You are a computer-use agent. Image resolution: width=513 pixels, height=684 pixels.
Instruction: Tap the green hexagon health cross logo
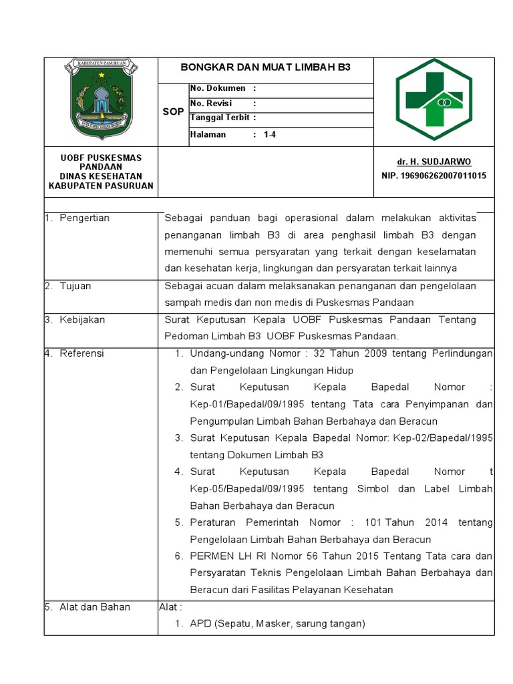tap(434, 100)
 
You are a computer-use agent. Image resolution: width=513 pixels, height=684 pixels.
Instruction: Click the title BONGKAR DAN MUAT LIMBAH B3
tap(266, 67)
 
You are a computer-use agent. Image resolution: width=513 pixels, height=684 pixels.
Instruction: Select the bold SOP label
tap(173, 112)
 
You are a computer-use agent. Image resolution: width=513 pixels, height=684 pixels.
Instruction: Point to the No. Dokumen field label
tap(218, 88)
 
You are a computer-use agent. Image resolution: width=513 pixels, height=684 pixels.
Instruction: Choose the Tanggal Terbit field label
tap(220, 118)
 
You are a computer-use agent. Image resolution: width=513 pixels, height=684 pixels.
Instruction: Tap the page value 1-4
tap(270, 134)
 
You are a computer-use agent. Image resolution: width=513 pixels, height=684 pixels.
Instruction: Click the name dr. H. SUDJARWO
tap(434, 162)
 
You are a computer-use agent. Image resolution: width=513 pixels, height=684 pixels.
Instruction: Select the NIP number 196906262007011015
tap(434, 176)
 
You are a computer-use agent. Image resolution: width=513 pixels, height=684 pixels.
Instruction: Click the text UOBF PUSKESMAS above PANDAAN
tap(101, 158)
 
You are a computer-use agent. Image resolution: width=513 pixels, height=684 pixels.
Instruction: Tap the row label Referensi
tap(81, 353)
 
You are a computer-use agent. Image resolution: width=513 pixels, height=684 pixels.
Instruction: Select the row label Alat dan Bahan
tap(94, 607)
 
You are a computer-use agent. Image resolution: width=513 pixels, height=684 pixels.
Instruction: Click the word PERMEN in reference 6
tap(210, 556)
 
